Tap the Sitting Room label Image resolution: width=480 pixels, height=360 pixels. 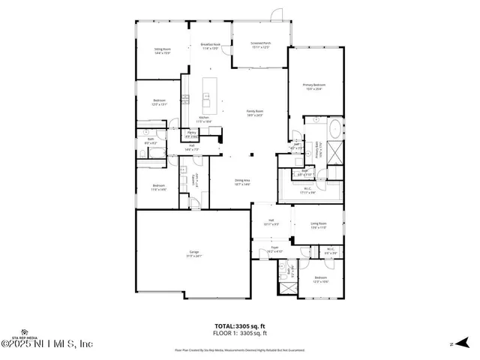(163, 50)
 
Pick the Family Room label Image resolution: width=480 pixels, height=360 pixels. (255, 112)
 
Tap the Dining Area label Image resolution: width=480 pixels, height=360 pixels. (242, 181)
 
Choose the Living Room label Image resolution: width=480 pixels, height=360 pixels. (319, 225)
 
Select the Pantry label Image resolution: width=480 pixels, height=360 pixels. (191, 134)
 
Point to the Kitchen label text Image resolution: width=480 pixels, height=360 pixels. (204, 118)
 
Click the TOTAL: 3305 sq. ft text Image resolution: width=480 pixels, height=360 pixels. (241, 326)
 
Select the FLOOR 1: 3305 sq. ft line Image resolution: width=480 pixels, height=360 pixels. (241, 333)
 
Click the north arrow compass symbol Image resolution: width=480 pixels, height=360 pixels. (452, 344)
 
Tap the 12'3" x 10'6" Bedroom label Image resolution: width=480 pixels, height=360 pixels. (321, 281)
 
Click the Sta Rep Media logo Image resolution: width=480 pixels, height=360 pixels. (27, 333)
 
